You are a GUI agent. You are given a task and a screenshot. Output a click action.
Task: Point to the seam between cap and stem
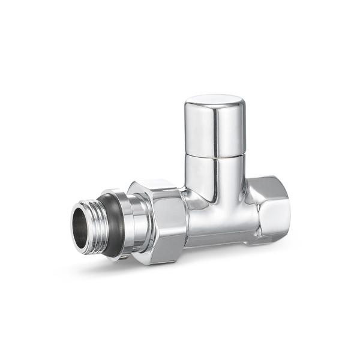coord(214,153)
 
